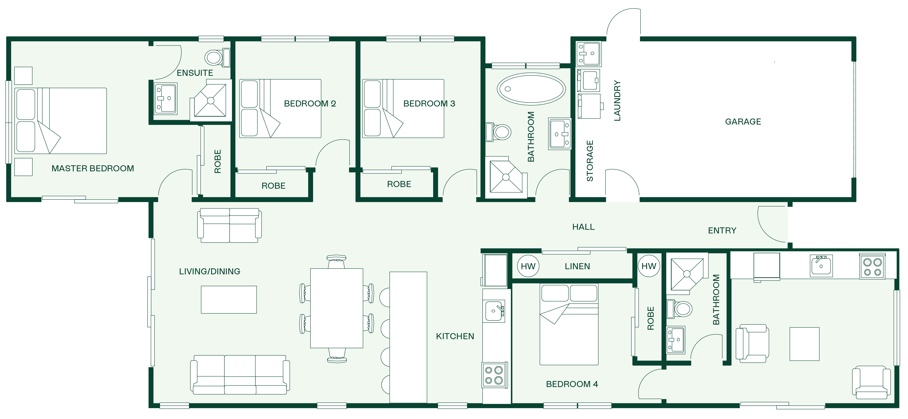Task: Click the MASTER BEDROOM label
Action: (x=93, y=169)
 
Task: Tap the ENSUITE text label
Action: (x=195, y=73)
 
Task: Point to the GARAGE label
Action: (x=743, y=122)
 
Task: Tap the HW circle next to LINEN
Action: (x=528, y=266)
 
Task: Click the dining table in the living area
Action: (x=337, y=308)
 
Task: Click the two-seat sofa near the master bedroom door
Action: (x=230, y=225)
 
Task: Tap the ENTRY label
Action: (x=722, y=231)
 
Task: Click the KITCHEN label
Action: (x=455, y=336)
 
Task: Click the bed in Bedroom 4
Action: (x=569, y=324)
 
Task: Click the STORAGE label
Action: (x=590, y=161)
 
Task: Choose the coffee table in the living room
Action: (x=229, y=299)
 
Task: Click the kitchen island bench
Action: (x=408, y=337)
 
